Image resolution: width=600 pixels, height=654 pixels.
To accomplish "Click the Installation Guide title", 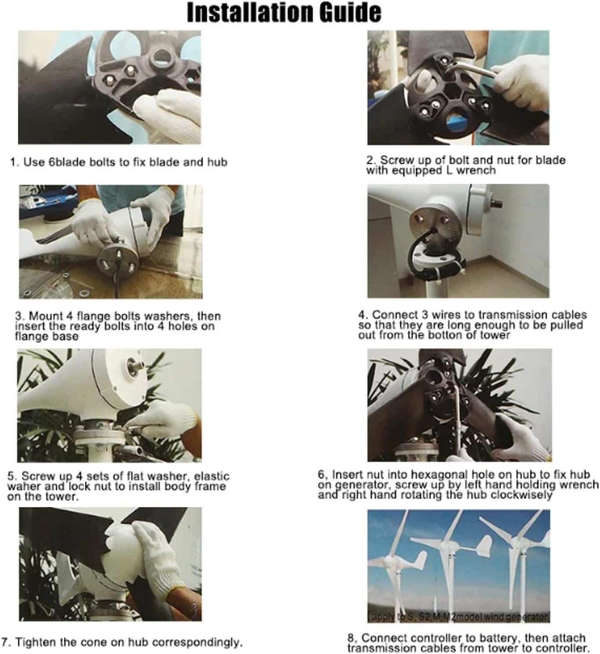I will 284,13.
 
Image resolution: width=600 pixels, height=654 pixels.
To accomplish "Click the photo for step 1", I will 109,87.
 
